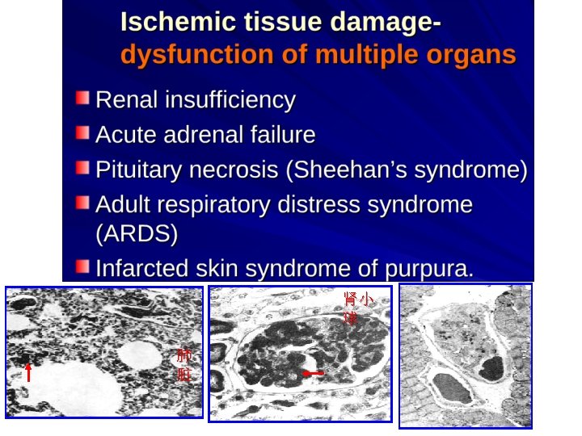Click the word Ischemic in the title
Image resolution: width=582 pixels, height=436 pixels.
[169, 22]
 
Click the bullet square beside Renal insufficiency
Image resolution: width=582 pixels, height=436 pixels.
[82, 99]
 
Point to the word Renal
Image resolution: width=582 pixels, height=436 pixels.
[127, 100]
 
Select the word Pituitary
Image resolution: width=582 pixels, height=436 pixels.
[138, 170]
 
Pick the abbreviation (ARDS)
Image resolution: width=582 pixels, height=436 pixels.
[136, 234]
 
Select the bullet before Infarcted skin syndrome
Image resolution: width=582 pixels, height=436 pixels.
[82, 266]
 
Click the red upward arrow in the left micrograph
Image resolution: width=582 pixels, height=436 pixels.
[27, 372]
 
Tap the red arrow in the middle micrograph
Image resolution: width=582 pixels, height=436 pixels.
[313, 373]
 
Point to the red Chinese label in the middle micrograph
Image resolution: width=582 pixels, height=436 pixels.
[357, 308]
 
